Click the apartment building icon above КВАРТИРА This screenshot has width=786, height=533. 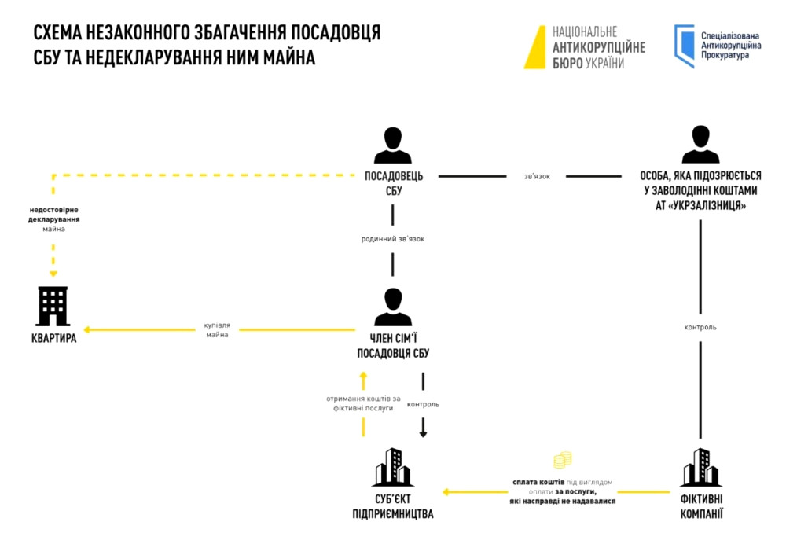pyautogui.click(x=53, y=307)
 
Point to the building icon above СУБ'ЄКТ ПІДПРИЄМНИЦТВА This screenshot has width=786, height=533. pyautogui.click(x=393, y=467)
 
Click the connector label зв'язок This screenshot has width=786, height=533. pyautogui.click(x=537, y=176)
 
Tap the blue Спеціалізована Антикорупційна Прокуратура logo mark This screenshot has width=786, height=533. pyautogui.click(x=684, y=45)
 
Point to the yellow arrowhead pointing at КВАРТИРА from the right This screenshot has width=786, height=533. pyautogui.click(x=89, y=330)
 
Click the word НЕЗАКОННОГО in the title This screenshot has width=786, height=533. pyautogui.click(x=141, y=32)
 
